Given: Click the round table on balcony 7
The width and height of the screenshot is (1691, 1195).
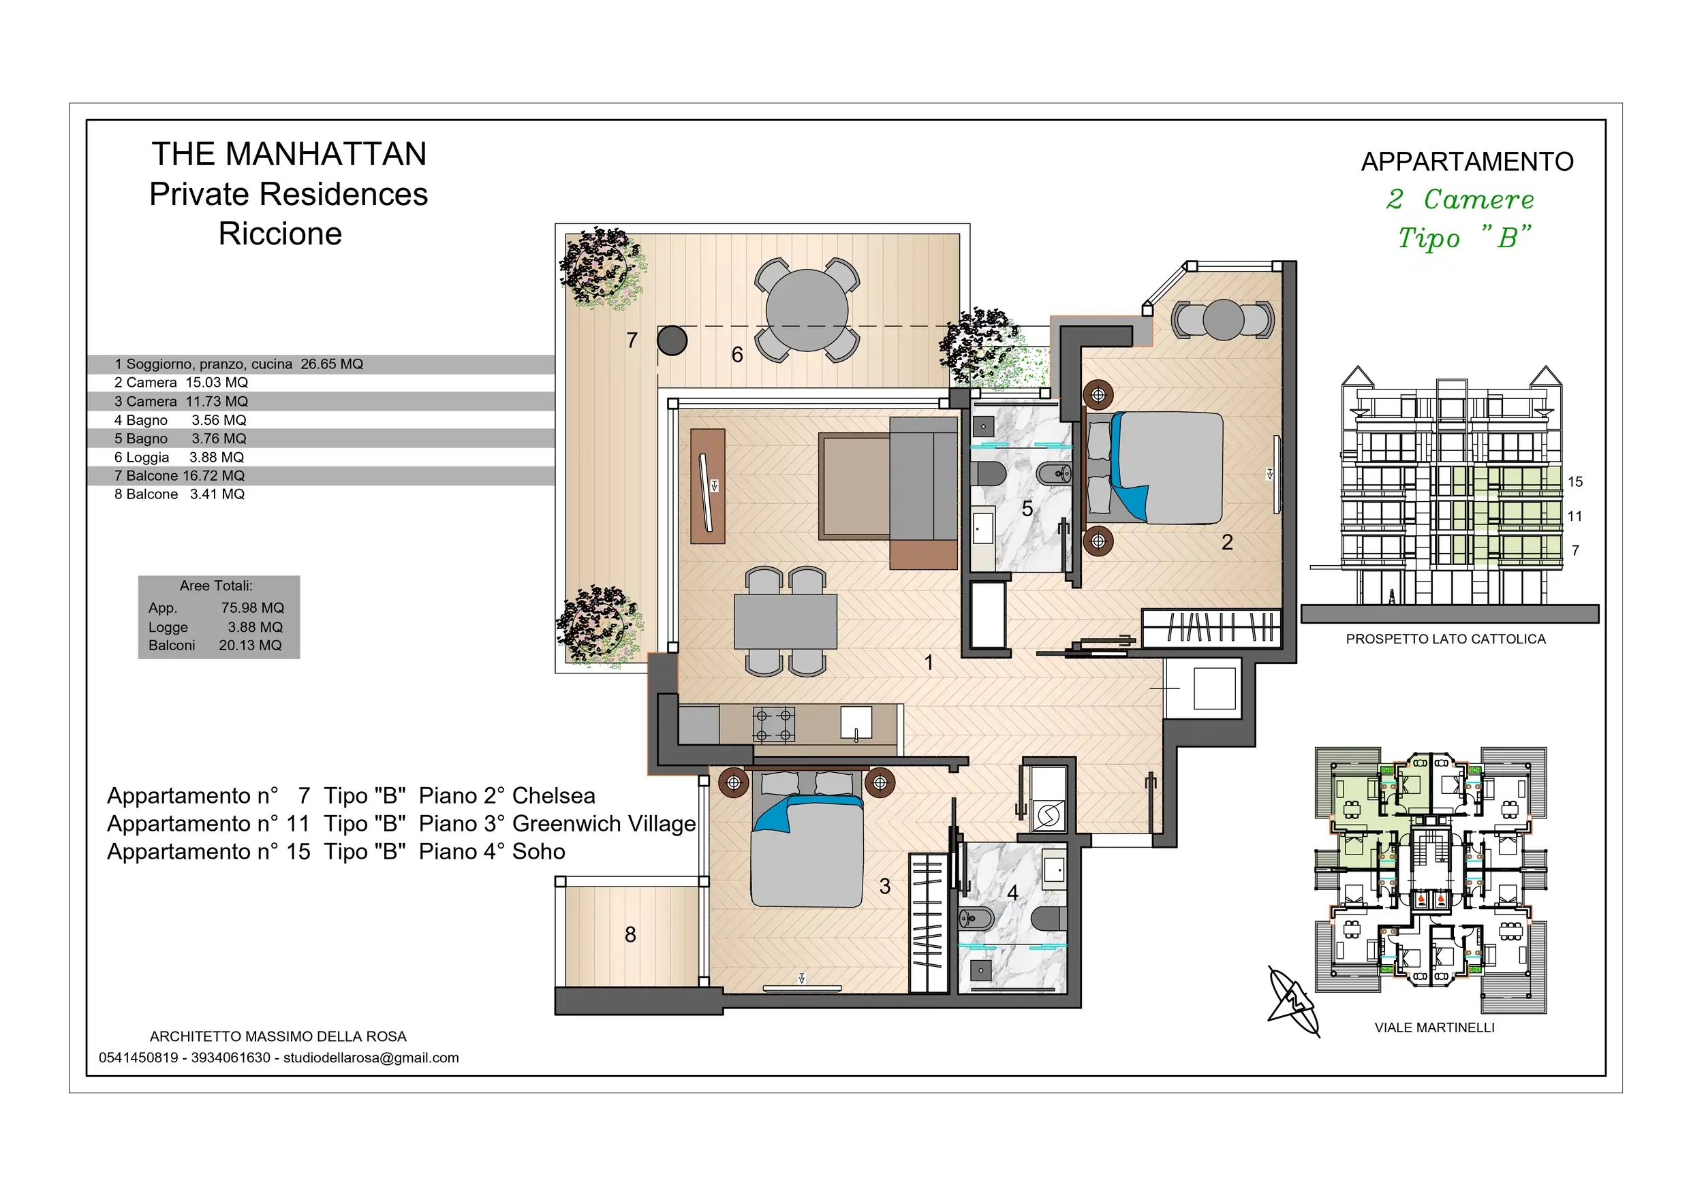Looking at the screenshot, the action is coord(807,310).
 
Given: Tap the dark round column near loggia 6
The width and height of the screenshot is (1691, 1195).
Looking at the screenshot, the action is coord(672,340).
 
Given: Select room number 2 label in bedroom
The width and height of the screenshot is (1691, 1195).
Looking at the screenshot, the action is coord(1227,543).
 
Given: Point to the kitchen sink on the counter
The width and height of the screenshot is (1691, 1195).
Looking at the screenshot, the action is coord(856,722).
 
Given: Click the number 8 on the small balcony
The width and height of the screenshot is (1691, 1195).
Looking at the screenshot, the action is coord(630,934).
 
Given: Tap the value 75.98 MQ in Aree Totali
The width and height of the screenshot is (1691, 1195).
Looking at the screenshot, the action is coord(253,608).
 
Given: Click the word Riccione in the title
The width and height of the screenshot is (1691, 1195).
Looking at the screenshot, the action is coord(281,234).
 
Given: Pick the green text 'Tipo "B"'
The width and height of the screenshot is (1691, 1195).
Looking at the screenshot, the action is coord(1463,238).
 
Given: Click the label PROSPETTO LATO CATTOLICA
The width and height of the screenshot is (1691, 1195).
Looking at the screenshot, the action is coord(1446,639).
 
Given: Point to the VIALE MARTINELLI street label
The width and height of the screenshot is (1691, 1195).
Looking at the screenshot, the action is coord(1435,1027).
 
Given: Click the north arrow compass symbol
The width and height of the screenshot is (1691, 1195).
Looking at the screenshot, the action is coord(1293,1002).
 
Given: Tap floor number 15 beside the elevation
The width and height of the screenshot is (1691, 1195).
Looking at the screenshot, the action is coord(1575,481).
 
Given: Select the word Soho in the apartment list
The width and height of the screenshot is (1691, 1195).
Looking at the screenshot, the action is coord(539,852).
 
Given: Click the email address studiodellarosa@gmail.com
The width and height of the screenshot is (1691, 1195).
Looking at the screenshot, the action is coord(371,1058).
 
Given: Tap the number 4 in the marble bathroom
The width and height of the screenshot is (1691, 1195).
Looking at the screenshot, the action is coord(1012,893).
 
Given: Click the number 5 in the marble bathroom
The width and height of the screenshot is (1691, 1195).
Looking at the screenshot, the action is coord(1027,509).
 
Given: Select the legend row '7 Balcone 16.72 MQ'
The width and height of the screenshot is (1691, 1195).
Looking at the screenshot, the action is coord(180,477).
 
